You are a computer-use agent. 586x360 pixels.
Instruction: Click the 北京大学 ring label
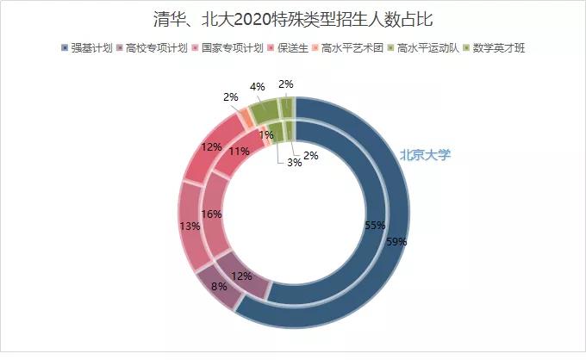point(425,156)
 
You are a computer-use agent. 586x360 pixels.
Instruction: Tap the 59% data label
point(396,242)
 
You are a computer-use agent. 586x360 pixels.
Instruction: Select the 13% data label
point(190,226)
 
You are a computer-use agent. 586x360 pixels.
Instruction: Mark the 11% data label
point(240,152)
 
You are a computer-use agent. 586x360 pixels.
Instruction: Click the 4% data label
point(257,86)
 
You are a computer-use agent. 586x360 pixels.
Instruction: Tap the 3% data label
point(294,163)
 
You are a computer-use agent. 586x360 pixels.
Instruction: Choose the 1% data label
point(265,134)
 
